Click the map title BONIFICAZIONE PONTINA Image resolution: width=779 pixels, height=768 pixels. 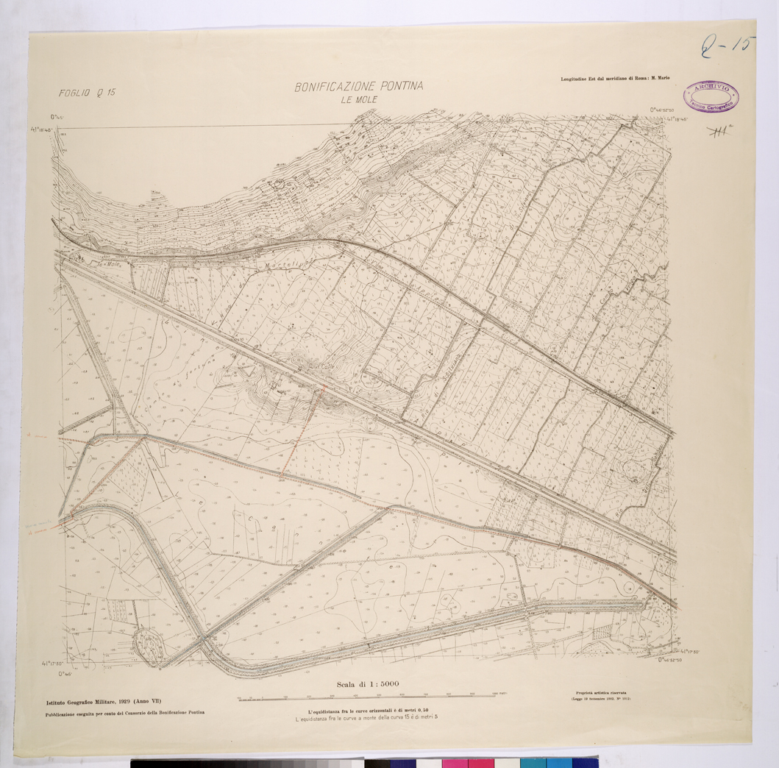point(359,87)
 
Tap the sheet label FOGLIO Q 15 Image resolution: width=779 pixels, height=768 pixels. point(88,93)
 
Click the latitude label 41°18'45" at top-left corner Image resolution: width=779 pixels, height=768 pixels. point(45,128)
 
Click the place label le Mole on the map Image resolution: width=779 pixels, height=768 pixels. point(109,263)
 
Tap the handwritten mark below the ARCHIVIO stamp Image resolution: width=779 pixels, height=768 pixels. point(723,132)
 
